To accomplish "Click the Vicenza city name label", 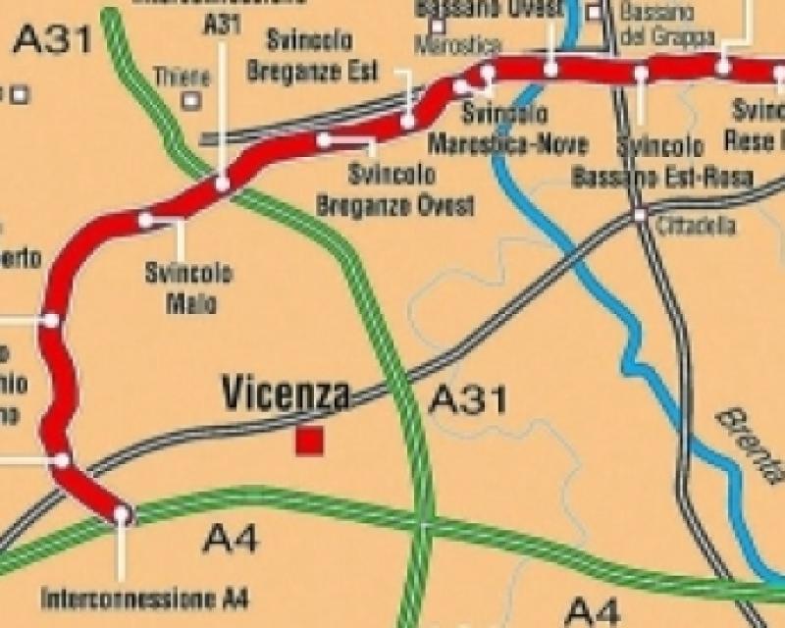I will coord(286,393).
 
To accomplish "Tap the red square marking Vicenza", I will coord(310,442).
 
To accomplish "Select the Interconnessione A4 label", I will coord(146,598).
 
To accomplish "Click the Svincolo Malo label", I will coord(188,288).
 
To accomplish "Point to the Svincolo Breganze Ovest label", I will coord(396,190).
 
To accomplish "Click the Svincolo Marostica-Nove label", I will coord(508,131).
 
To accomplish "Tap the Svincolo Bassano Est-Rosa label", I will coord(662,162).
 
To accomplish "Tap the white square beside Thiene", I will coord(191,99).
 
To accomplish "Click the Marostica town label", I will coord(457,45).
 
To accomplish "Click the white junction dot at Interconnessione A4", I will coord(122,512).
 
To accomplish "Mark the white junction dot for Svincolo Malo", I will coord(146,220).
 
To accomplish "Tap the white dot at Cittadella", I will coord(640,214).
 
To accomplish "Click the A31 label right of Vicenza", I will coord(469,400).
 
